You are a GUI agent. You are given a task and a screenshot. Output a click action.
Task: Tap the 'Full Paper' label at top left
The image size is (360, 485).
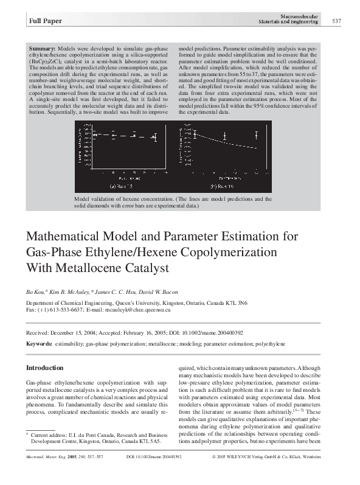pyautogui.click(x=42, y=23)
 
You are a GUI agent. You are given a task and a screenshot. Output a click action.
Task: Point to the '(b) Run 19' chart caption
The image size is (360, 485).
pyautogui.click(x=222, y=186)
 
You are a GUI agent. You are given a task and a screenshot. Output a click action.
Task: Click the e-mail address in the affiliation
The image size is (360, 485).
pyautogui.click(x=137, y=310)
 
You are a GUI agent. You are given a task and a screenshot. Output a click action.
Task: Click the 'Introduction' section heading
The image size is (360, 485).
pyautogui.click(x=44, y=368)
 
